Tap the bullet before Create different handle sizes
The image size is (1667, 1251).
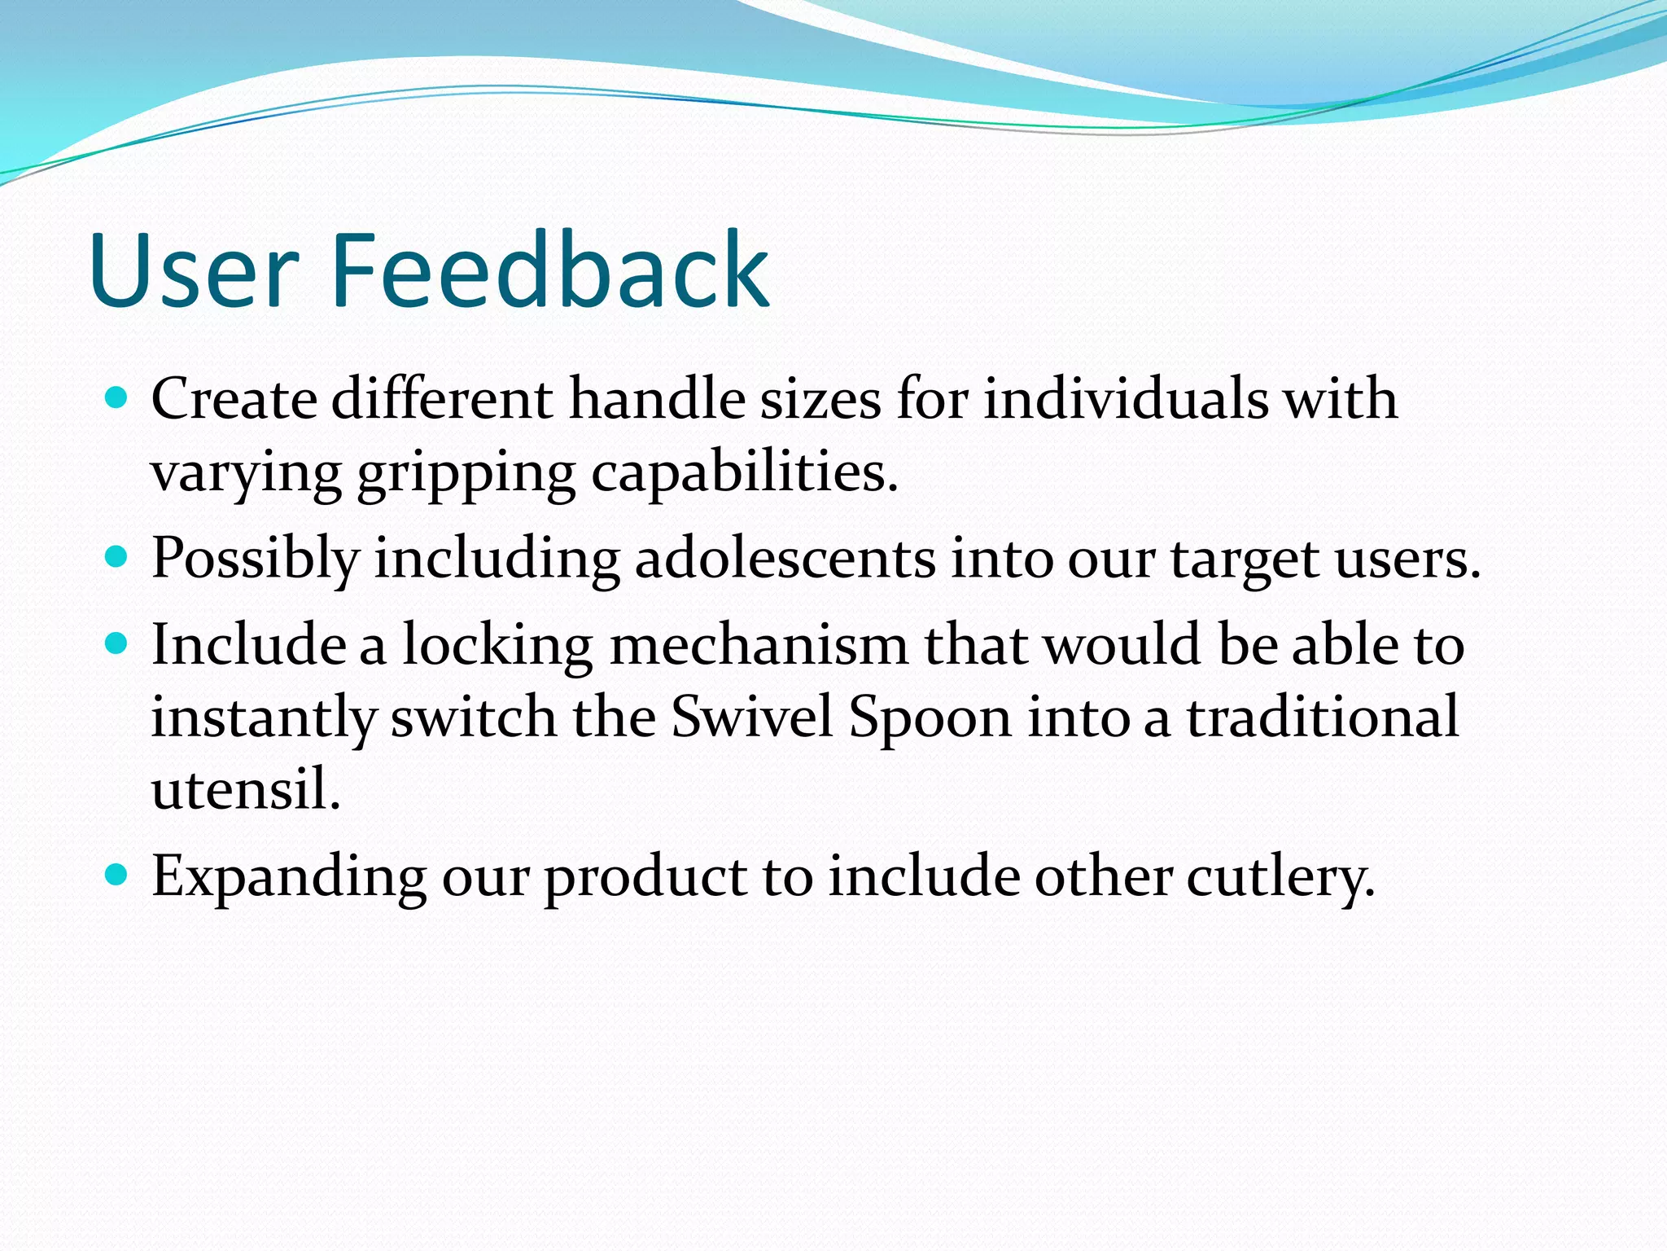pos(117,398)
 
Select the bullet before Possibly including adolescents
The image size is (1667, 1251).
pos(117,557)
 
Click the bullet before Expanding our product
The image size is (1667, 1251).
pos(117,876)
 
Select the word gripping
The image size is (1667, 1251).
pos(466,474)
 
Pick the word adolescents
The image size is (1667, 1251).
pos(785,559)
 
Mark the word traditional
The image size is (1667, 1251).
pos(1323,718)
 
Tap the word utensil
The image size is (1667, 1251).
pos(245,788)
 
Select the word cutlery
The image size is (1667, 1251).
pos(1280,879)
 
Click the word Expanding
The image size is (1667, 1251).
pos(289,879)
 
